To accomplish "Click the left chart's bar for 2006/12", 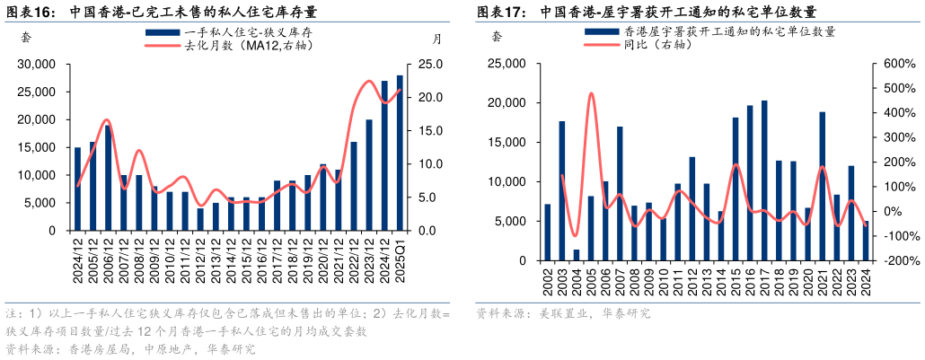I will point(108,178).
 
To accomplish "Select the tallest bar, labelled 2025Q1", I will point(400,153).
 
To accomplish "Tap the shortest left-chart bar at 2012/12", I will point(200,219).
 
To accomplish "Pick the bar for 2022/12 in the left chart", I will point(354,186).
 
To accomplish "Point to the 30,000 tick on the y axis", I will point(37,65).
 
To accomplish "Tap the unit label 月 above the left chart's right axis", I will point(436,39).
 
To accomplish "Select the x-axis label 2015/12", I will point(247,253).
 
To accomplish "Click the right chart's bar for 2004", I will point(577,255).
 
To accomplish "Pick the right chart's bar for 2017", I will point(764,180).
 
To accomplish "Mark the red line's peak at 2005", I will point(591,92).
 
